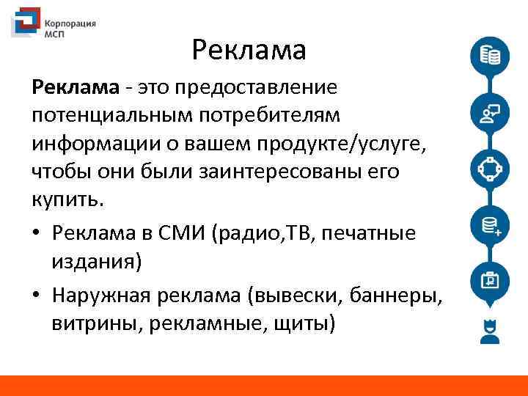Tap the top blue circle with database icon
pos(489,56)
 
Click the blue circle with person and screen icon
pos(489,112)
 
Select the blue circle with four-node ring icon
pos(489,169)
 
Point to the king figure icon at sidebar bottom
pos(489,331)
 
